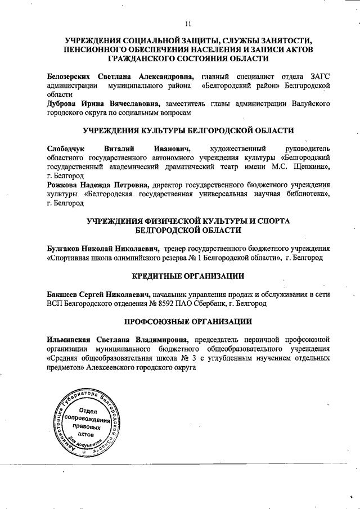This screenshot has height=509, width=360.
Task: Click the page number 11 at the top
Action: point(188,23)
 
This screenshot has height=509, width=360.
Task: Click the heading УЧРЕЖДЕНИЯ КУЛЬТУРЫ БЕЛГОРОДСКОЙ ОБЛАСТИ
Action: point(188,130)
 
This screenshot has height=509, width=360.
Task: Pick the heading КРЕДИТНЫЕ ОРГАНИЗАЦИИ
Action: point(188,276)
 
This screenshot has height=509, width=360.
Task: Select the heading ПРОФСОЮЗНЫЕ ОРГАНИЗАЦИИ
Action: point(188,321)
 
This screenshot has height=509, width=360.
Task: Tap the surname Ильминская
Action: point(67,340)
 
